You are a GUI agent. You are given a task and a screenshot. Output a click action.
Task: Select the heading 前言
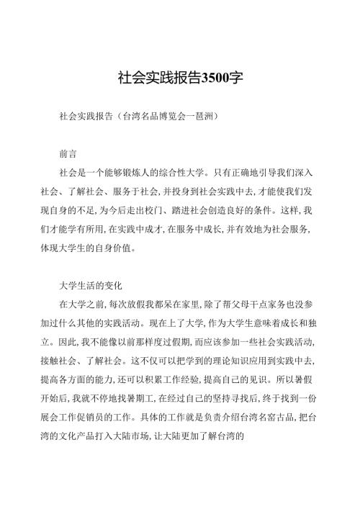coord(69,153)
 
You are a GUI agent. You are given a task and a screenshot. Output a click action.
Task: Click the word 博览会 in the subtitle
coord(174,114)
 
